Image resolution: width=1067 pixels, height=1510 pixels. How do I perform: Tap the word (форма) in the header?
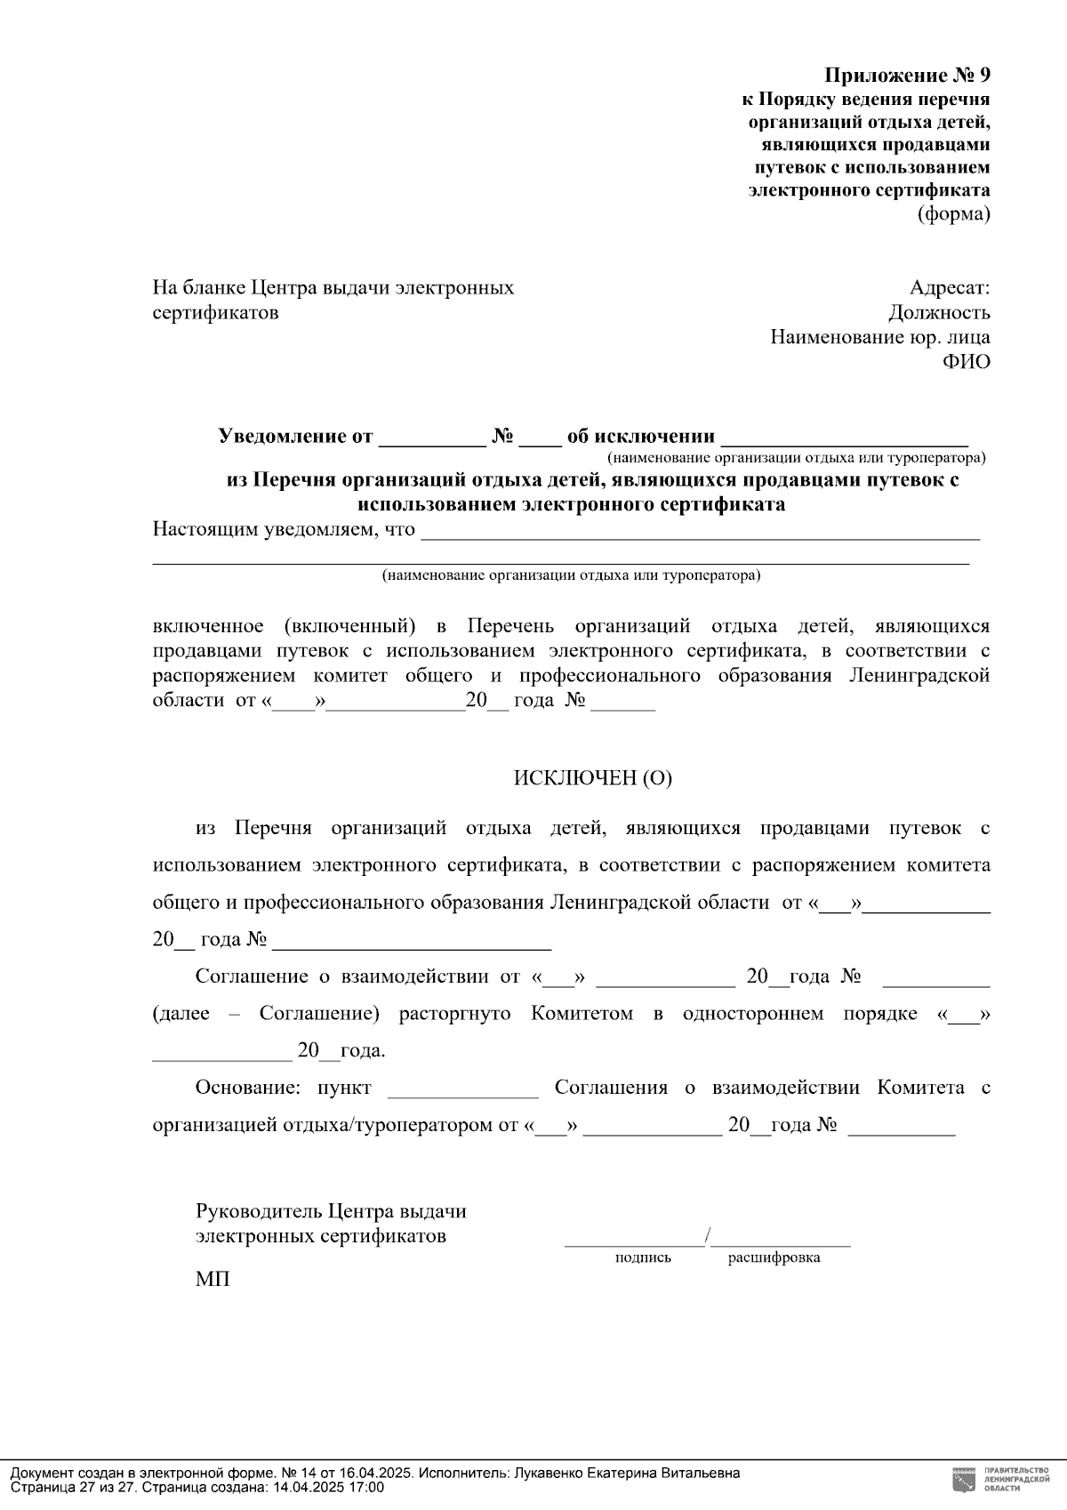pos(953,213)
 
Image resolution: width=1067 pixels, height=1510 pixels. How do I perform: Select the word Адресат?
pos(949,287)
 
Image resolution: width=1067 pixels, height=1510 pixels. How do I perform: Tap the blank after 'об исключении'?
pos(844,438)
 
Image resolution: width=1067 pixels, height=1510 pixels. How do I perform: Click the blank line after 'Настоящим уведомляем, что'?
pos(699,534)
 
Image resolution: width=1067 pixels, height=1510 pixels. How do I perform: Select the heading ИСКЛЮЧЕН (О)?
pos(592,778)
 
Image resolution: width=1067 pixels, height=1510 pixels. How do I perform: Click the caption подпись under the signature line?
pos(643,1257)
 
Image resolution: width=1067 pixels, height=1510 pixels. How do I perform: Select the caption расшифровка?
pos(774,1257)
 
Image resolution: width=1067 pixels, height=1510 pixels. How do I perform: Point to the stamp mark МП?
pos(213,1280)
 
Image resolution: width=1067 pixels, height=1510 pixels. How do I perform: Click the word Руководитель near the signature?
pos(258,1211)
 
